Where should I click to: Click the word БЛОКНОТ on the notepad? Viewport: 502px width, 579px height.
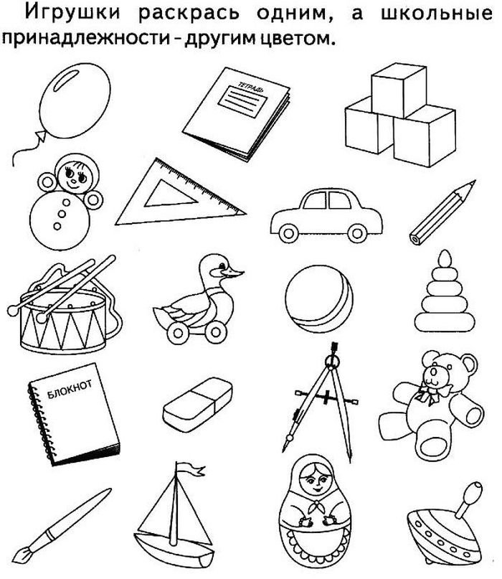tap(70, 389)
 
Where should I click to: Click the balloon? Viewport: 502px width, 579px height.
tap(75, 101)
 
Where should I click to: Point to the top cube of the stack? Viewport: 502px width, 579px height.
tap(399, 90)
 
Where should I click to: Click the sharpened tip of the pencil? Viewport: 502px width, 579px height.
tap(472, 184)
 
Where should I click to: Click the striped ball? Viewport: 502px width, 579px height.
tap(319, 299)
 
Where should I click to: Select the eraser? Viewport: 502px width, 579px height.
tap(197, 404)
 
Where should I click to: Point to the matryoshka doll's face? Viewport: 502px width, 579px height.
tap(315, 480)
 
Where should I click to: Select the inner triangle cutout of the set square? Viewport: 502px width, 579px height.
tap(170, 194)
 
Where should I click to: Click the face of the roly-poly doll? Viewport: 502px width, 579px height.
tap(75, 176)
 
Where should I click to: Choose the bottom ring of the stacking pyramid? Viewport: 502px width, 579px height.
tap(445, 321)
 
